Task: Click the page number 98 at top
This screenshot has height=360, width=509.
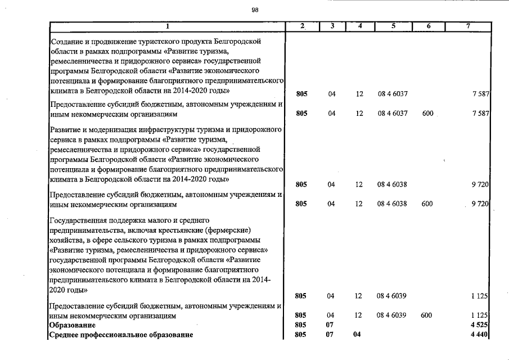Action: click(x=255, y=9)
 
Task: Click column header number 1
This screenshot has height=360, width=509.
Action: click(x=167, y=27)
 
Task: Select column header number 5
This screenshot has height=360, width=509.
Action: click(x=393, y=26)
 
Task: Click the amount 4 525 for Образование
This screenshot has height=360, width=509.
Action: click(x=478, y=325)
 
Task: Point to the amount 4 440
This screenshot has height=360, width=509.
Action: click(x=478, y=335)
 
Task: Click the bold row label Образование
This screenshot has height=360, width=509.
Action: click(x=73, y=325)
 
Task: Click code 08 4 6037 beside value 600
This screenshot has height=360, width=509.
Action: click(x=393, y=114)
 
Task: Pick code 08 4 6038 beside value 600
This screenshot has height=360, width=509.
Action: click(x=393, y=204)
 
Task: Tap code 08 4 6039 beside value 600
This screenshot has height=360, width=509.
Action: click(x=393, y=316)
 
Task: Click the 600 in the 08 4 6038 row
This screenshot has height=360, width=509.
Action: click(x=427, y=204)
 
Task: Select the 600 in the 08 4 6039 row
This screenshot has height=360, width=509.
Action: click(x=427, y=316)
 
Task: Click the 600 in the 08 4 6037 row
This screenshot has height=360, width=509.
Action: click(x=427, y=114)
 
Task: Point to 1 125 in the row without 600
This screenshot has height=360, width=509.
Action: click(x=480, y=295)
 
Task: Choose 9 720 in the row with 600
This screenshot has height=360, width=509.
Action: click(x=480, y=204)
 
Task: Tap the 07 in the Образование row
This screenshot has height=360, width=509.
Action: click(x=331, y=325)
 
